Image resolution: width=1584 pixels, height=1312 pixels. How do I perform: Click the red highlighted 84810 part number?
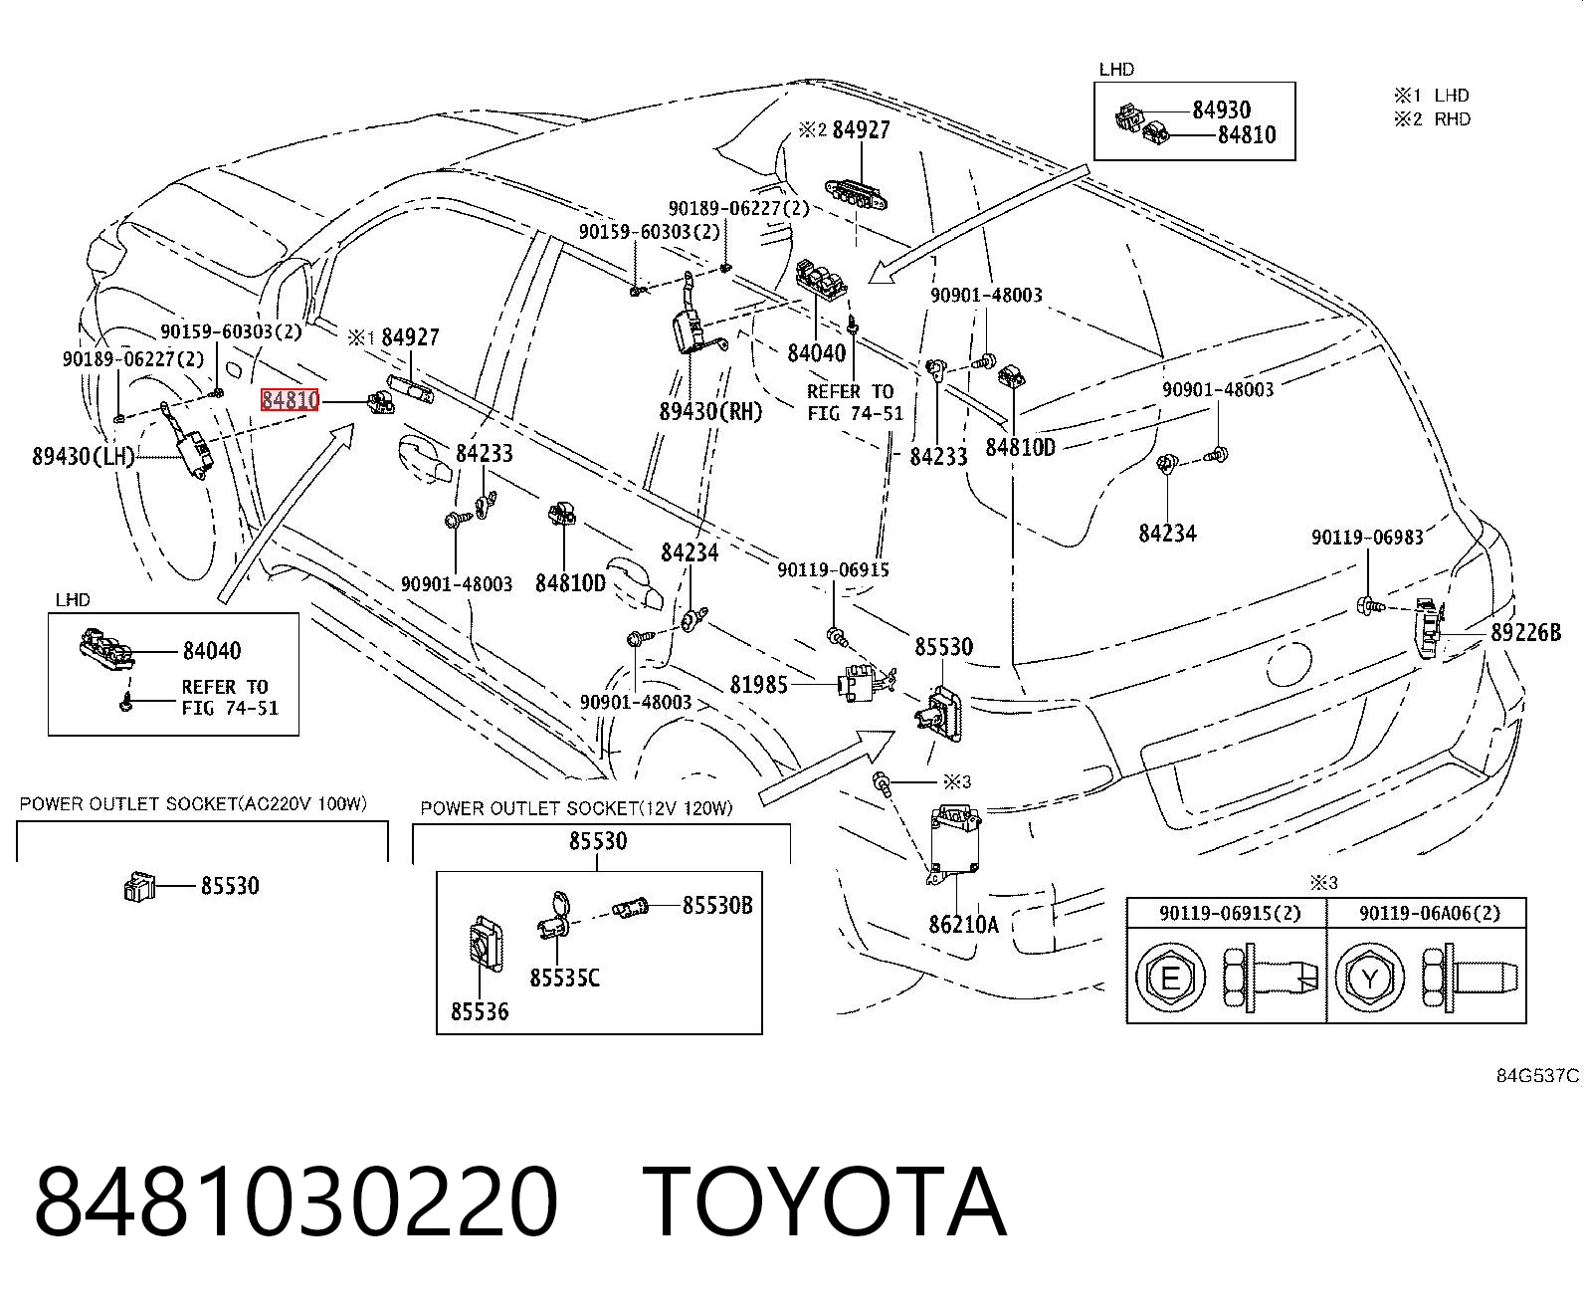pos(290,399)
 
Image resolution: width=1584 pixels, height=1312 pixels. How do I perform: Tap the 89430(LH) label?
pos(84,456)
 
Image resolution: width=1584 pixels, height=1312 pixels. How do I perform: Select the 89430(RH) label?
pos(709,411)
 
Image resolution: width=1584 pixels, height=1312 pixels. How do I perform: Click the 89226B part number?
pos(1525,632)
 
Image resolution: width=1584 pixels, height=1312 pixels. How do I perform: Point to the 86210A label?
pos(963,924)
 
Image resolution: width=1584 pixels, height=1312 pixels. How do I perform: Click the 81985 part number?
pos(758,685)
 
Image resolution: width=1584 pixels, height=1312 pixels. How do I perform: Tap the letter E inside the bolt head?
pos(1170,979)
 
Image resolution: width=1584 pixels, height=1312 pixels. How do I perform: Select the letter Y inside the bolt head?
pos(1369,979)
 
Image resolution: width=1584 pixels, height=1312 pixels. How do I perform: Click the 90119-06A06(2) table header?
pos(1430,913)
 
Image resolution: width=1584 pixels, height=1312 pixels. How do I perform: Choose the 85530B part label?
pos(717,905)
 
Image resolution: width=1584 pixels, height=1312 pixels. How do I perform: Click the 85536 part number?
pos(480,1011)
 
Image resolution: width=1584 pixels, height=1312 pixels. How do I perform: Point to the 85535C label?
pos(564,978)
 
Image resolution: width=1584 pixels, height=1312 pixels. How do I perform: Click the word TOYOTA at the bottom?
pos(825,1203)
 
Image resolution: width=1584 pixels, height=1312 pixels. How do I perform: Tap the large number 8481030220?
pos(296,1203)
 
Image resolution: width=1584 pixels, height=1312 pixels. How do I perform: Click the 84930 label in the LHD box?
pos(1222,110)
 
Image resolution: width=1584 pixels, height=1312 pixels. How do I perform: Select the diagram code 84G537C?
pos(1537,1076)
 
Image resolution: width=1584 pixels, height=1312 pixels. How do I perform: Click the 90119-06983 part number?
pos(1367,538)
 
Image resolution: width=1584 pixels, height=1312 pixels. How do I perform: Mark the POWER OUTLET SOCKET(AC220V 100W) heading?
pos(193,803)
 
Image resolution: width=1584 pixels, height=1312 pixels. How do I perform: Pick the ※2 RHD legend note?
pos(1433,119)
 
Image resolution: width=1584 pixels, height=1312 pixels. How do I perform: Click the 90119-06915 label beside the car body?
pos(833,569)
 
